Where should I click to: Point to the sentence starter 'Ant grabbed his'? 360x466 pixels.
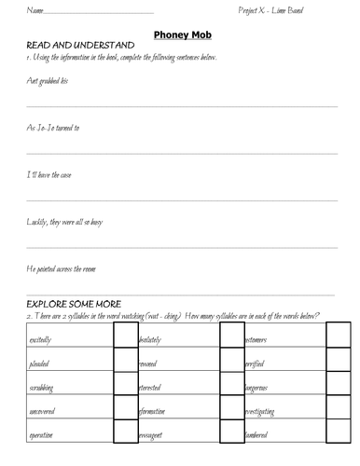pyautogui.click(x=47, y=82)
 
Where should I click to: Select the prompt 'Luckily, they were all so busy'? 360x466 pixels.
pyautogui.click(x=70, y=222)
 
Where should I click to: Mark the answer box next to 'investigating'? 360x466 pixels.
pyautogui.click(x=338, y=414)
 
